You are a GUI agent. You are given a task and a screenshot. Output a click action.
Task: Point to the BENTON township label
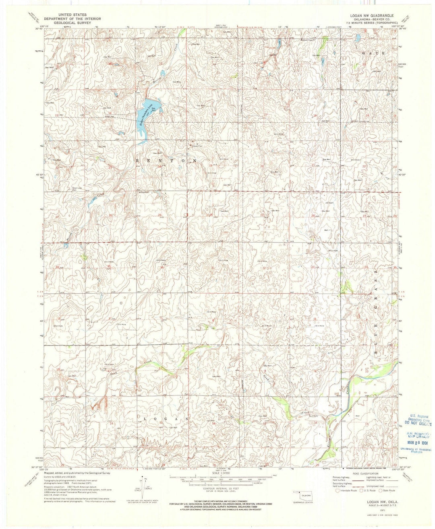[x=167, y=160]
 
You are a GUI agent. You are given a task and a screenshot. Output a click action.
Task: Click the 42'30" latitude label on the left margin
[x=39, y=175]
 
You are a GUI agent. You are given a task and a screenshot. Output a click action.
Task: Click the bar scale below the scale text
[x=217, y=479]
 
